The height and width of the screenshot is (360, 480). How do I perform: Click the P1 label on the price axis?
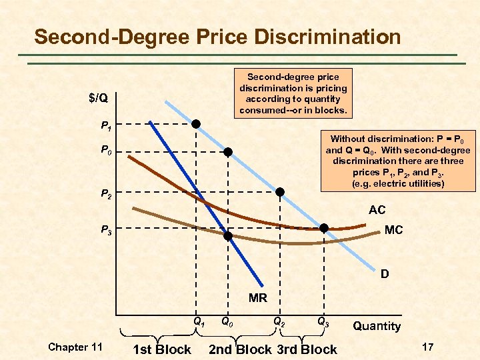coord(105,125)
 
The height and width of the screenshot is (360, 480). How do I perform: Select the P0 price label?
coord(105,151)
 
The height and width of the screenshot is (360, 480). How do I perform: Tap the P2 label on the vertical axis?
coord(105,195)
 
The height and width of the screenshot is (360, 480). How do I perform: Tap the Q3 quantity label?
coord(323,321)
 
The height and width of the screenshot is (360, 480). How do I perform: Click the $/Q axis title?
coord(100,98)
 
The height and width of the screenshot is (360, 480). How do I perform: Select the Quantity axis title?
coord(377,326)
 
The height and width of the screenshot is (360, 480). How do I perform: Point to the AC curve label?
coord(377,210)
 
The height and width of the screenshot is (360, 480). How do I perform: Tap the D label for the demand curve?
coord(385,274)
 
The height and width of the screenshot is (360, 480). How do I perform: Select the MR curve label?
coord(257,298)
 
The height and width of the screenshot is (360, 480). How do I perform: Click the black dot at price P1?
coord(196,124)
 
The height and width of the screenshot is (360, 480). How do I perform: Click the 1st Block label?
coord(162,349)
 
